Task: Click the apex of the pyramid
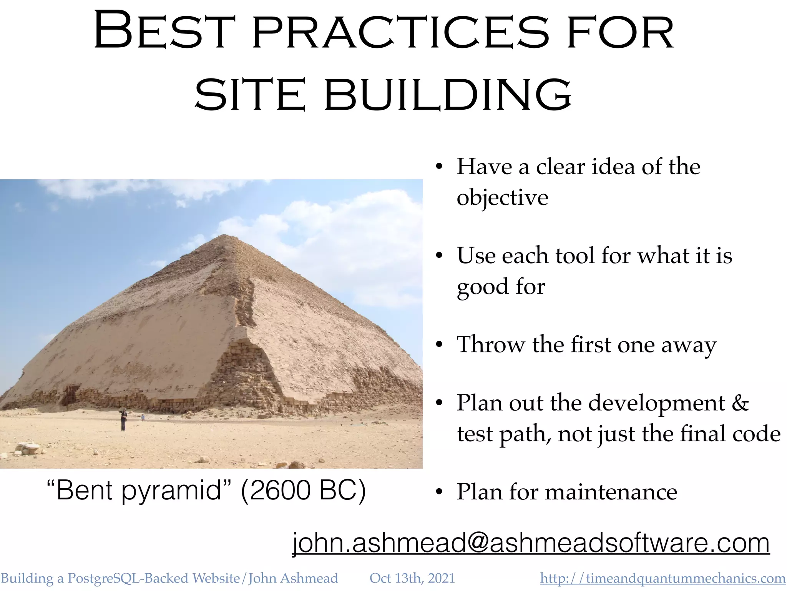click(224, 235)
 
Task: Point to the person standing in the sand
click(123, 420)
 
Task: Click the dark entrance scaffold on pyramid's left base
click(70, 395)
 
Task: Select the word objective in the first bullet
click(502, 198)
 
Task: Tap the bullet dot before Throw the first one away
click(439, 345)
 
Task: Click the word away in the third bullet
click(689, 345)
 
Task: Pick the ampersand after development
click(741, 403)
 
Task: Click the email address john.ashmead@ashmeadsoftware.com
click(531, 543)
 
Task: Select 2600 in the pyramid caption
click(276, 491)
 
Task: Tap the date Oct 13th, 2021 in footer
click(412, 578)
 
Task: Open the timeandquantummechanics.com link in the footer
click(662, 578)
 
